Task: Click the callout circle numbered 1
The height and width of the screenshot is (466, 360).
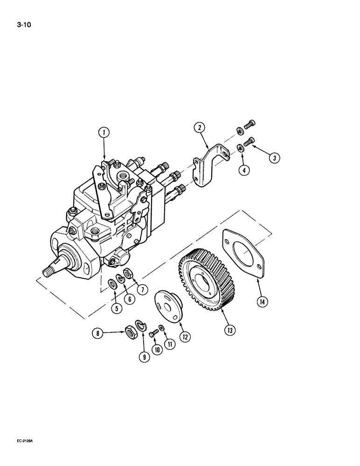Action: pos(104,133)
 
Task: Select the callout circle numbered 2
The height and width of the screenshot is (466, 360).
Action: pos(199,127)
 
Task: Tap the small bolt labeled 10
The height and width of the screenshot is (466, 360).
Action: pos(152,334)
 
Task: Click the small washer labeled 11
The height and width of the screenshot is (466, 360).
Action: pos(160,329)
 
